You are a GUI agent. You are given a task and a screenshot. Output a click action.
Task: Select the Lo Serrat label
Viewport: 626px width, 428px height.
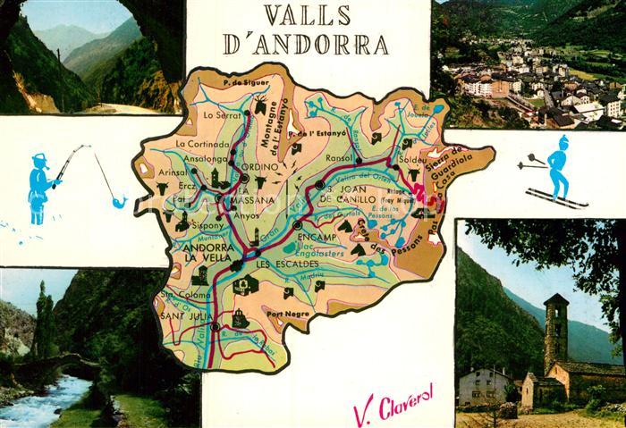pyautogui.click(x=222, y=115)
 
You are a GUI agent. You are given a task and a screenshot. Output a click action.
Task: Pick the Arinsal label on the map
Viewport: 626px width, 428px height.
pyautogui.click(x=173, y=172)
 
